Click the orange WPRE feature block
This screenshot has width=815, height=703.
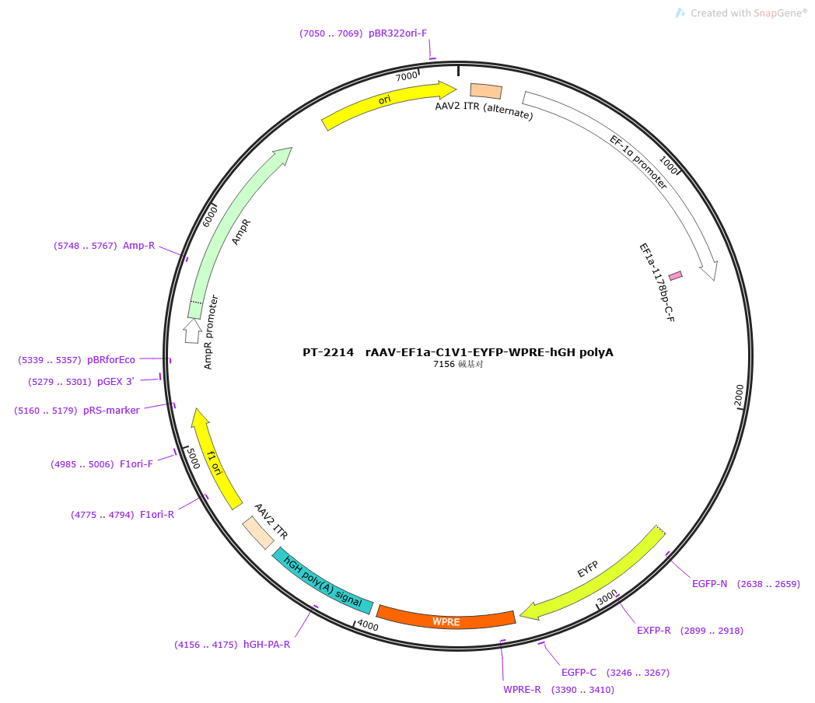(x=446, y=620)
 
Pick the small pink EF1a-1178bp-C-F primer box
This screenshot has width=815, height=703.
(x=675, y=275)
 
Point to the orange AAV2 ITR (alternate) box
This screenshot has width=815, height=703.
(x=486, y=91)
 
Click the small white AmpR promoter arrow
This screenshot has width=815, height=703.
(x=192, y=331)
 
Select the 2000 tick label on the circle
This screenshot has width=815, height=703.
(x=739, y=395)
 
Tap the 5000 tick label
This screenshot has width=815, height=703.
(x=193, y=458)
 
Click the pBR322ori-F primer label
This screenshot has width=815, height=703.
(x=397, y=33)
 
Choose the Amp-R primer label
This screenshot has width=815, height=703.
(x=138, y=245)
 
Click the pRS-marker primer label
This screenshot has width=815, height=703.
(x=111, y=411)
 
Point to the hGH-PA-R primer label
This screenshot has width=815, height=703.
(x=267, y=644)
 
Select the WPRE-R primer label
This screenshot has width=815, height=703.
(x=522, y=690)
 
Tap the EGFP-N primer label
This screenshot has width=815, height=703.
(x=709, y=584)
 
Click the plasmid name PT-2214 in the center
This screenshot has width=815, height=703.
(x=328, y=352)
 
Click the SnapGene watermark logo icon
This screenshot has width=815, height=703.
(x=680, y=13)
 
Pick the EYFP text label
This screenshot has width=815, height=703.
(x=588, y=569)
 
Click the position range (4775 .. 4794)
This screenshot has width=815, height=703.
(x=103, y=515)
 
